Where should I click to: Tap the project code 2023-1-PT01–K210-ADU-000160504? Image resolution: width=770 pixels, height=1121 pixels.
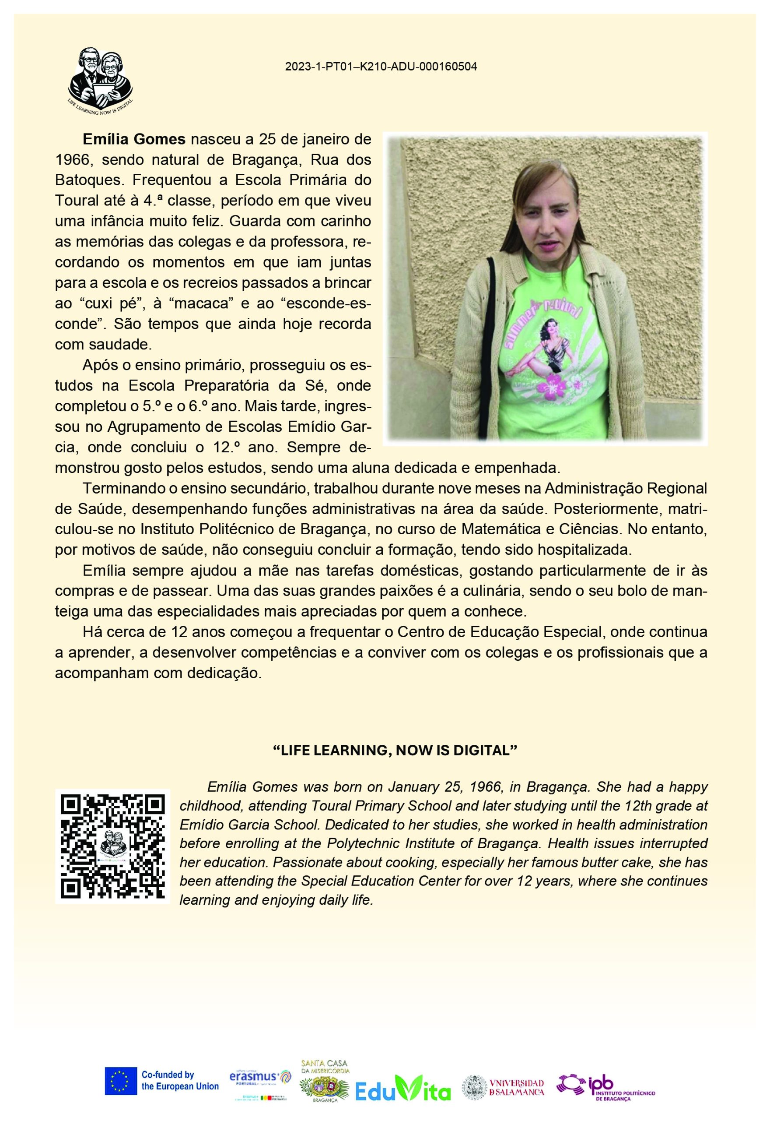381,67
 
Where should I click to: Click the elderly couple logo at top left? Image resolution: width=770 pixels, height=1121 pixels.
100,79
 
